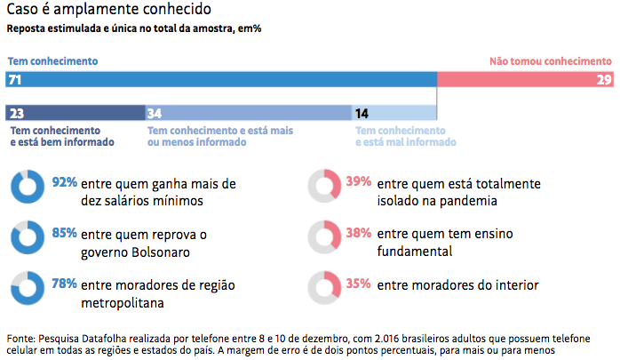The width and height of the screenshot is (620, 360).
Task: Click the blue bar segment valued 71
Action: (222, 80)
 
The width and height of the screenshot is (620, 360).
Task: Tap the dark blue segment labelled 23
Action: (76, 113)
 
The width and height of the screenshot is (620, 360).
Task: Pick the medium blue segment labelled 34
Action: (249, 113)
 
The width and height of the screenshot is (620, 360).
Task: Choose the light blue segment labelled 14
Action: (394, 113)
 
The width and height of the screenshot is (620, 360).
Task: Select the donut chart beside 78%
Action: (25, 289)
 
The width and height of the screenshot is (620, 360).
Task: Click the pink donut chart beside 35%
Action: (323, 289)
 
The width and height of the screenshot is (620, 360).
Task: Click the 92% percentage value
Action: (63, 183)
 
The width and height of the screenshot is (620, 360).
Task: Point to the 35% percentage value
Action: (358, 285)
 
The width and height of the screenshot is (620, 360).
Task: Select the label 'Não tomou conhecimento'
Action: (551, 62)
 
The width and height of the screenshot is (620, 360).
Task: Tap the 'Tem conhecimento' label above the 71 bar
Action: (52, 62)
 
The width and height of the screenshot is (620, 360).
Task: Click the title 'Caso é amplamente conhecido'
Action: (108, 11)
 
